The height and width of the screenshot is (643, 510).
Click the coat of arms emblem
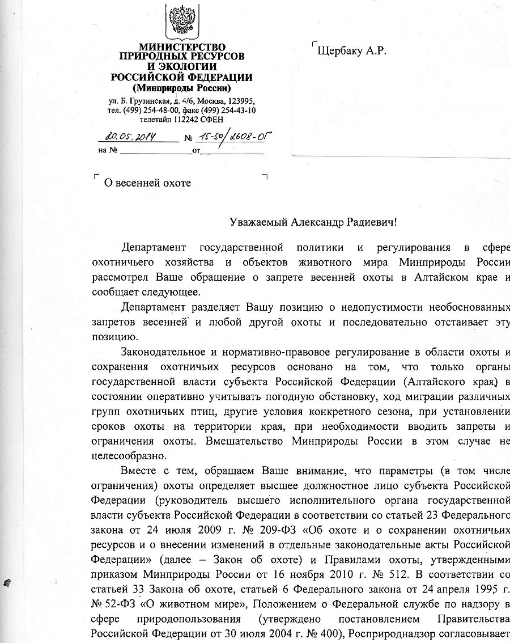pyautogui.click(x=181, y=22)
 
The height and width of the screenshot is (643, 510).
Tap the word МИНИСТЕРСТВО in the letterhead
pyautogui.click(x=182, y=47)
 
